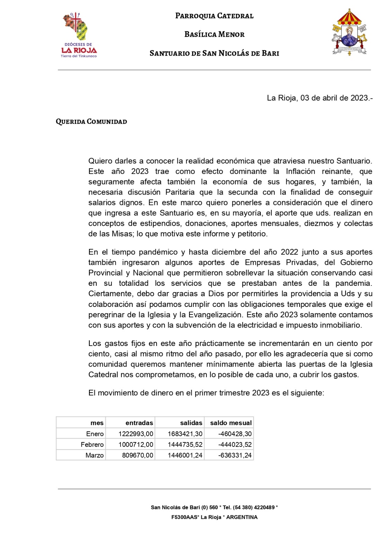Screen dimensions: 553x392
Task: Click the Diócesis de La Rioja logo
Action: click(79, 35)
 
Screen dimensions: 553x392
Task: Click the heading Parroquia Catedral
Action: click(214, 16)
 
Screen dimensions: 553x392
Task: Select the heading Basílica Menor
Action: click(214, 35)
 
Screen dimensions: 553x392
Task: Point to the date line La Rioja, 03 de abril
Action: click(319, 98)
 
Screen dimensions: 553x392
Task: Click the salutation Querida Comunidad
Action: click(91, 122)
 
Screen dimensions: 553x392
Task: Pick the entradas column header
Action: click(139, 423)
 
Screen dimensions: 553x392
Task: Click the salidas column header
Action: click(191, 423)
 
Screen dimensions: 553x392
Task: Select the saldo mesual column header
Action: click(231, 423)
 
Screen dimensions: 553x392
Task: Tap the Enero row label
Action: click(95, 434)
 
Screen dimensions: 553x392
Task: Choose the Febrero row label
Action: click(92, 444)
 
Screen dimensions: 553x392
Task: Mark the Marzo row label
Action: click(95, 455)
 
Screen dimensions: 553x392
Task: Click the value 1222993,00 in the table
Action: click(136, 434)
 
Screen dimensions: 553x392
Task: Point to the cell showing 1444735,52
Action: click(185, 444)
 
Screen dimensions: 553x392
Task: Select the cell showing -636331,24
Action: click(235, 455)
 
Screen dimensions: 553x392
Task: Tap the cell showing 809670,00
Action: click(137, 455)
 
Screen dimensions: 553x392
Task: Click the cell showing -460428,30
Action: click(235, 434)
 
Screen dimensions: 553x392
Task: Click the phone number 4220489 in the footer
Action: click(264, 507)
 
